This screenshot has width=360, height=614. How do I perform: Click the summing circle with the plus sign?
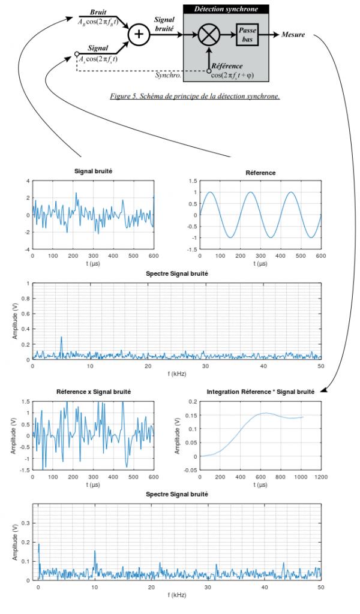pyautogui.click(x=139, y=35)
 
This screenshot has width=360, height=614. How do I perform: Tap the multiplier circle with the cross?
pyautogui.click(x=209, y=35)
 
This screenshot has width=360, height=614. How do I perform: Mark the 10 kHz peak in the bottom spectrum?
pyautogui.click(x=95, y=552)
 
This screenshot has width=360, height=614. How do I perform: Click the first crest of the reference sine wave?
pyautogui.click(x=211, y=192)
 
